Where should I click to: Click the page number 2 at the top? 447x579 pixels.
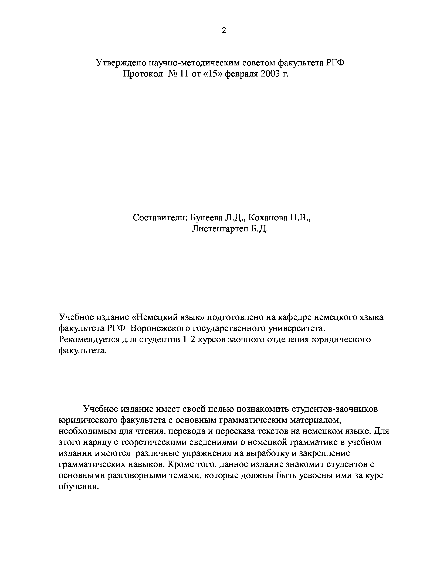click(224, 31)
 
